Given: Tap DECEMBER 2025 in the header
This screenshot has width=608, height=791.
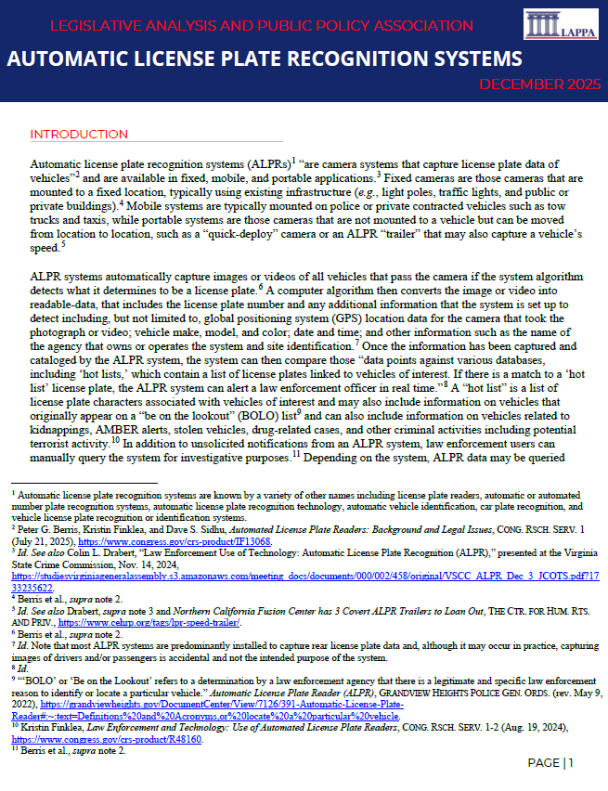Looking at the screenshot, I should point(540,84).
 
